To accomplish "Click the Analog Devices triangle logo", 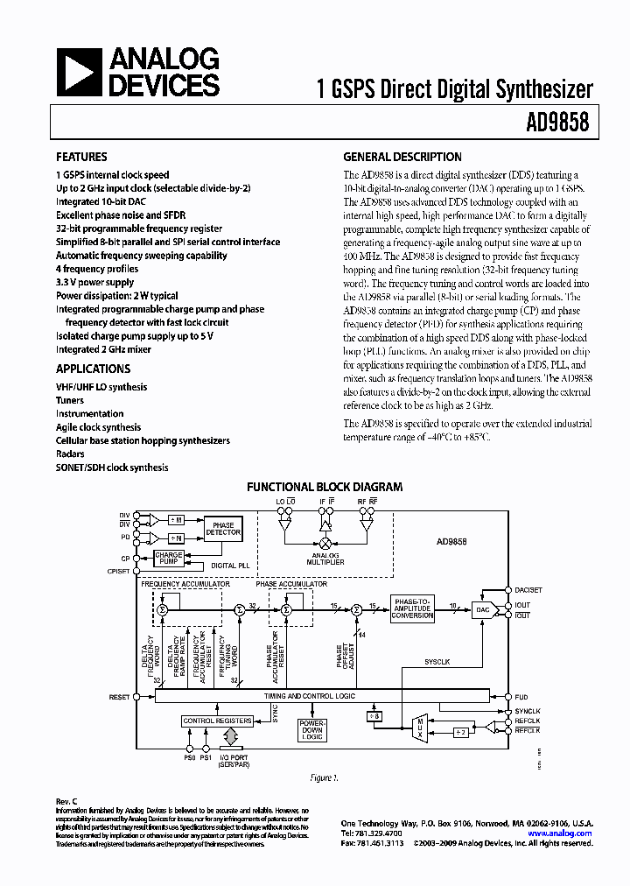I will (79, 73).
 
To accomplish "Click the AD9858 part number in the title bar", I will (558, 123).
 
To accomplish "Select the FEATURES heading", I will (82, 158).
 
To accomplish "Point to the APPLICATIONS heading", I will (94, 369).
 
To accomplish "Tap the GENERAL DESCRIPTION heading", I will (402, 158).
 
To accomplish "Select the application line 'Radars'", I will (70, 454).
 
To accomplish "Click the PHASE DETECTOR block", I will (222, 529).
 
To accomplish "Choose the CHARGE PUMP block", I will (169, 558).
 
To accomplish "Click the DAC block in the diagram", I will (482, 610).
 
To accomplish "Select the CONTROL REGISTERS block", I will (216, 721).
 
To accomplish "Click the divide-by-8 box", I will (374, 717).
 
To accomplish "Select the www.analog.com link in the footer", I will (560, 833).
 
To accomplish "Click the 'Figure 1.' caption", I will (325, 777).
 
